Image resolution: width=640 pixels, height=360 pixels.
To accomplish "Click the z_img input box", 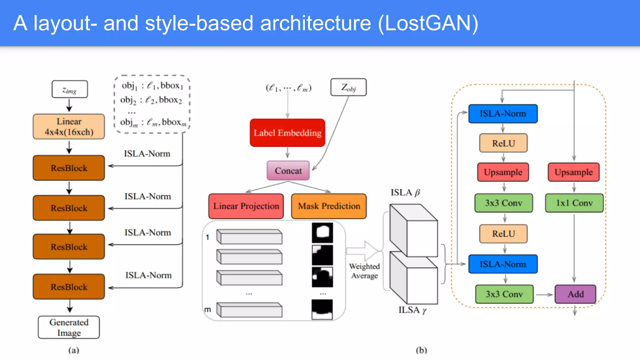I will pos(69,90).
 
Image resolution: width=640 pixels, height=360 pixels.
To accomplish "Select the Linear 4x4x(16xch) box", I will pos(69,127).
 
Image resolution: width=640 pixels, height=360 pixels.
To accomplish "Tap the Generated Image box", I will pos(69,327).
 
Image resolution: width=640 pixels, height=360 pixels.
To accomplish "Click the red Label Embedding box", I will pos(287,133).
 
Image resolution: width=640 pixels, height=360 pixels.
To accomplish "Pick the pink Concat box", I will pos(288,171).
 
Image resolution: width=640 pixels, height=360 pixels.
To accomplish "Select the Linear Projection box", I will pos(246,206).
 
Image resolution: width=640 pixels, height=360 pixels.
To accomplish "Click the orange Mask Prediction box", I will pos(329,206).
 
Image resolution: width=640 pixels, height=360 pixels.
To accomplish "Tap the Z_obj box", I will pos(348,87).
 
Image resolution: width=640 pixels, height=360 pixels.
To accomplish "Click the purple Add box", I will pos(575,294).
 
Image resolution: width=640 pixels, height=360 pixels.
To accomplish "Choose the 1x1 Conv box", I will pos(574,203).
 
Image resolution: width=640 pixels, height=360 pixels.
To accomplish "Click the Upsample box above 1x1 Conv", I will pos(574,172).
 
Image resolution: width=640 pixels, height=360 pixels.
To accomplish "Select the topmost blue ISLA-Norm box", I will pos(503,114).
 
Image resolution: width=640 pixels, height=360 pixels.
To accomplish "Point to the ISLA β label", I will pos(405,192).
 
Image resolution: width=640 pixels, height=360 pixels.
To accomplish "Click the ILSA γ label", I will pos(412,310).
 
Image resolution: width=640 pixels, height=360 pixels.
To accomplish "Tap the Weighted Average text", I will pos(364,271).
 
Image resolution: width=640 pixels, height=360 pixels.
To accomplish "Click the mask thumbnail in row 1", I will pos(322,233).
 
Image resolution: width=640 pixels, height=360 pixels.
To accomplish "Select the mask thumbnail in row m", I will pos(322,309).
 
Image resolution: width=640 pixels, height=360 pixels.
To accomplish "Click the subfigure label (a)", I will pos(74,350).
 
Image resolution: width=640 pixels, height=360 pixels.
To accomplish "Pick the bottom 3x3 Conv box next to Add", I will pos(504,294).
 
